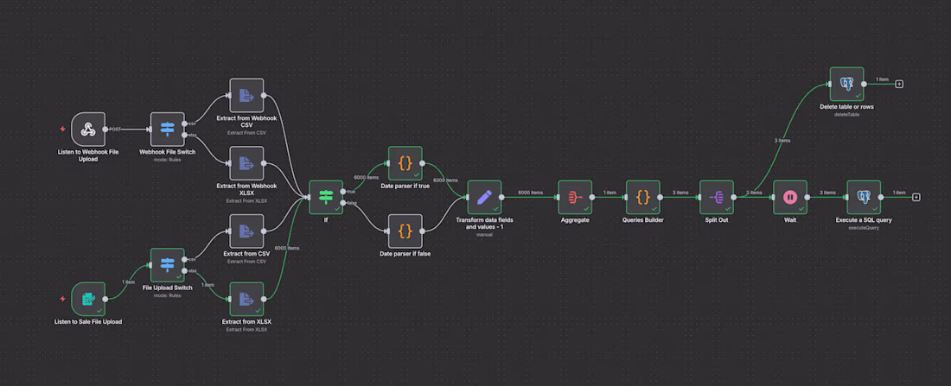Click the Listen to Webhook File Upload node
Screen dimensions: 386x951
pyautogui.click(x=87, y=129)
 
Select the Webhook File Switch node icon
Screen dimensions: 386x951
pyautogui.click(x=167, y=129)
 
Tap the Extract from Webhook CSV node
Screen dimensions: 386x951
pyautogui.click(x=246, y=96)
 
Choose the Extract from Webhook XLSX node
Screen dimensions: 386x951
pyautogui.click(x=246, y=162)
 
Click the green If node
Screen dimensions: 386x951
pyautogui.click(x=326, y=197)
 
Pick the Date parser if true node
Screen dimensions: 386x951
pyautogui.click(x=405, y=163)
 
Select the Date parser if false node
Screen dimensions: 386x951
pyautogui.click(x=405, y=231)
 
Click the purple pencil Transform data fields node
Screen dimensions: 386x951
pyautogui.click(x=484, y=197)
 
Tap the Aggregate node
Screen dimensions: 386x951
pyautogui.click(x=575, y=197)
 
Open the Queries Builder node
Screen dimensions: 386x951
pyautogui.click(x=642, y=197)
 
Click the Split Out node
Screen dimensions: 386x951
pyautogui.click(x=716, y=197)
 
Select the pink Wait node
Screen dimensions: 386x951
pyautogui.click(x=789, y=197)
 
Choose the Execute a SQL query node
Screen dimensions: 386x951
pyautogui.click(x=864, y=197)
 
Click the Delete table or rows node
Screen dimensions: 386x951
pyautogui.click(x=846, y=84)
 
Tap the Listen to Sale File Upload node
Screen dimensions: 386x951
pyautogui.click(x=87, y=299)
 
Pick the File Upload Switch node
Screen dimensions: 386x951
pyautogui.click(x=167, y=265)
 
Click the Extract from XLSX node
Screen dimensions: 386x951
pyautogui.click(x=246, y=299)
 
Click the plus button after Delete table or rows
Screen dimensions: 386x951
pyautogui.click(x=899, y=84)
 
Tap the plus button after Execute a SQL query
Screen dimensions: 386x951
pyautogui.click(x=916, y=197)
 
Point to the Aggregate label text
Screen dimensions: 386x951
pyautogui.click(x=575, y=220)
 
